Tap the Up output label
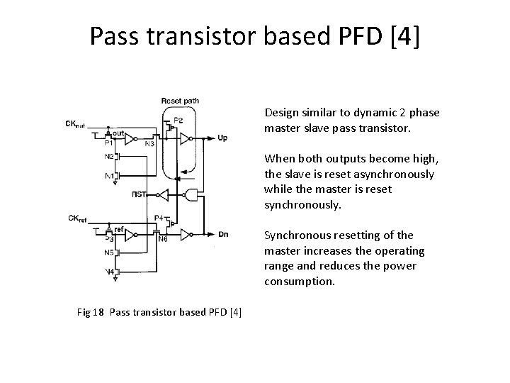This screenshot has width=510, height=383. pyautogui.click(x=222, y=137)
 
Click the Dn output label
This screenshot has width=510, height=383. pyautogui.click(x=222, y=233)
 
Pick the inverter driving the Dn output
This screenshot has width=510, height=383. pyautogui.click(x=186, y=233)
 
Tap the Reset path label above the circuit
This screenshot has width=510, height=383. pyautogui.click(x=179, y=101)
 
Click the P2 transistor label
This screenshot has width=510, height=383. pyautogui.click(x=178, y=118)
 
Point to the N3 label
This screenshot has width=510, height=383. pyautogui.click(x=149, y=144)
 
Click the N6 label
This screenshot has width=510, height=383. pyautogui.click(x=162, y=239)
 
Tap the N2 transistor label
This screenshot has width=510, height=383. pyautogui.click(x=109, y=156)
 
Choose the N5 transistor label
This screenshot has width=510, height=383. pyautogui.click(x=109, y=252)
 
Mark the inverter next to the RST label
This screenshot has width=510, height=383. pyautogui.click(x=162, y=193)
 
